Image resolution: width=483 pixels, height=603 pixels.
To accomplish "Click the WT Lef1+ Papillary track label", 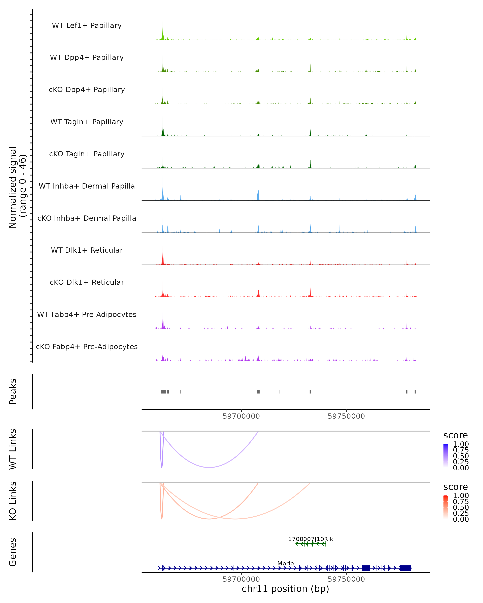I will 87,26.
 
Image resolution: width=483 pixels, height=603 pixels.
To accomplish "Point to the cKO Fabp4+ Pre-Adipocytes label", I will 87,347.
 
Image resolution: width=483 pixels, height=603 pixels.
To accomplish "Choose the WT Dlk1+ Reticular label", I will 87,250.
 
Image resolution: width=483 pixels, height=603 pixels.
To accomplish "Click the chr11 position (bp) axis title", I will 285,589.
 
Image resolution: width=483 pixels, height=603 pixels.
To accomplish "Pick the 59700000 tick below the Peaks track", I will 241,416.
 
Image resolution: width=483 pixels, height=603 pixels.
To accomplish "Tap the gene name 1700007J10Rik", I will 311,539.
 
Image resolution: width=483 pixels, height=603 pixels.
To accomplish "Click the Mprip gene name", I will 286,563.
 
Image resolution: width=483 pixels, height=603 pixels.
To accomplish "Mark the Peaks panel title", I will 13,392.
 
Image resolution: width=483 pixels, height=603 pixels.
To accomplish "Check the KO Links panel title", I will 13,501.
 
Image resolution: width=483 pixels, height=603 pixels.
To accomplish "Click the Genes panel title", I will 13,552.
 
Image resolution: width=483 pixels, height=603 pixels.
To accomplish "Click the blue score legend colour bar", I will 446,456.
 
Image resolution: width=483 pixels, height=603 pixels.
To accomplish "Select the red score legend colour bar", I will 446,507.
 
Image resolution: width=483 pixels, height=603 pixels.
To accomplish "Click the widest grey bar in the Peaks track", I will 163,392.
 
